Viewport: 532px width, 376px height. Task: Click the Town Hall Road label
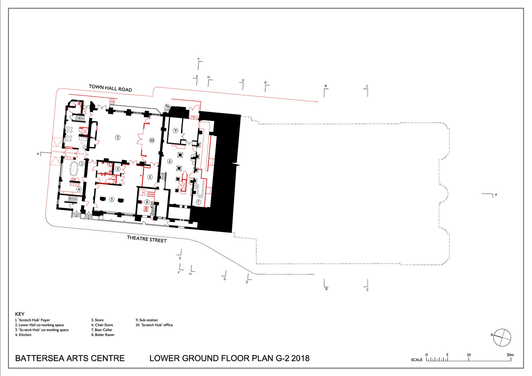pyautogui.click(x=110, y=88)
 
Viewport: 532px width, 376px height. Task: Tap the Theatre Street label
pyautogui.click(x=147, y=239)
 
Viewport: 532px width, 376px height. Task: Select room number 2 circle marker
pyautogui.click(x=118, y=137)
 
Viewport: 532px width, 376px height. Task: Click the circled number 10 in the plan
pyautogui.click(x=152, y=140)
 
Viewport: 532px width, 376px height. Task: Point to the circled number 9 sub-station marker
pyautogui.click(x=175, y=130)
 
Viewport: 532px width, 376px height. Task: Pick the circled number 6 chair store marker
pyautogui.click(x=170, y=161)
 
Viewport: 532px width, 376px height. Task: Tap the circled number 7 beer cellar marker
pyautogui.click(x=198, y=202)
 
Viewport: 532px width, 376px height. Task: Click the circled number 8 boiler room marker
pyautogui.click(x=147, y=202)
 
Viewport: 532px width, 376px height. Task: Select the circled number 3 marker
pyautogui.click(x=112, y=199)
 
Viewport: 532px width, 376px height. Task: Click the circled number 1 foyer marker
pyautogui.click(x=82, y=164)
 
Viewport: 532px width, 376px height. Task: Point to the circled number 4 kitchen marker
pyautogui.click(x=79, y=189)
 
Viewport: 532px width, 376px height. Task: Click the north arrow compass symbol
pyautogui.click(x=502, y=338)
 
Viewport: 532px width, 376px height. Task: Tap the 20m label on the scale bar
pyautogui.click(x=510, y=355)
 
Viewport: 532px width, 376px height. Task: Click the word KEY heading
pyautogui.click(x=20, y=314)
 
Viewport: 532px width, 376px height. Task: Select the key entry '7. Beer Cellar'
pyautogui.click(x=102, y=330)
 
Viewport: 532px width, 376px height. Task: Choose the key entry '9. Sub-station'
pyautogui.click(x=147, y=320)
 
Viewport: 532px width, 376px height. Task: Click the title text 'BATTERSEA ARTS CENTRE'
pyautogui.click(x=70, y=358)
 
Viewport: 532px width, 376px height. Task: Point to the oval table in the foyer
pyautogui.click(x=74, y=168)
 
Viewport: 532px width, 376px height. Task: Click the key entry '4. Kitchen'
pyautogui.click(x=23, y=335)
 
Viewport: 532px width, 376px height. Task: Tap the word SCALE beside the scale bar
pyautogui.click(x=417, y=360)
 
